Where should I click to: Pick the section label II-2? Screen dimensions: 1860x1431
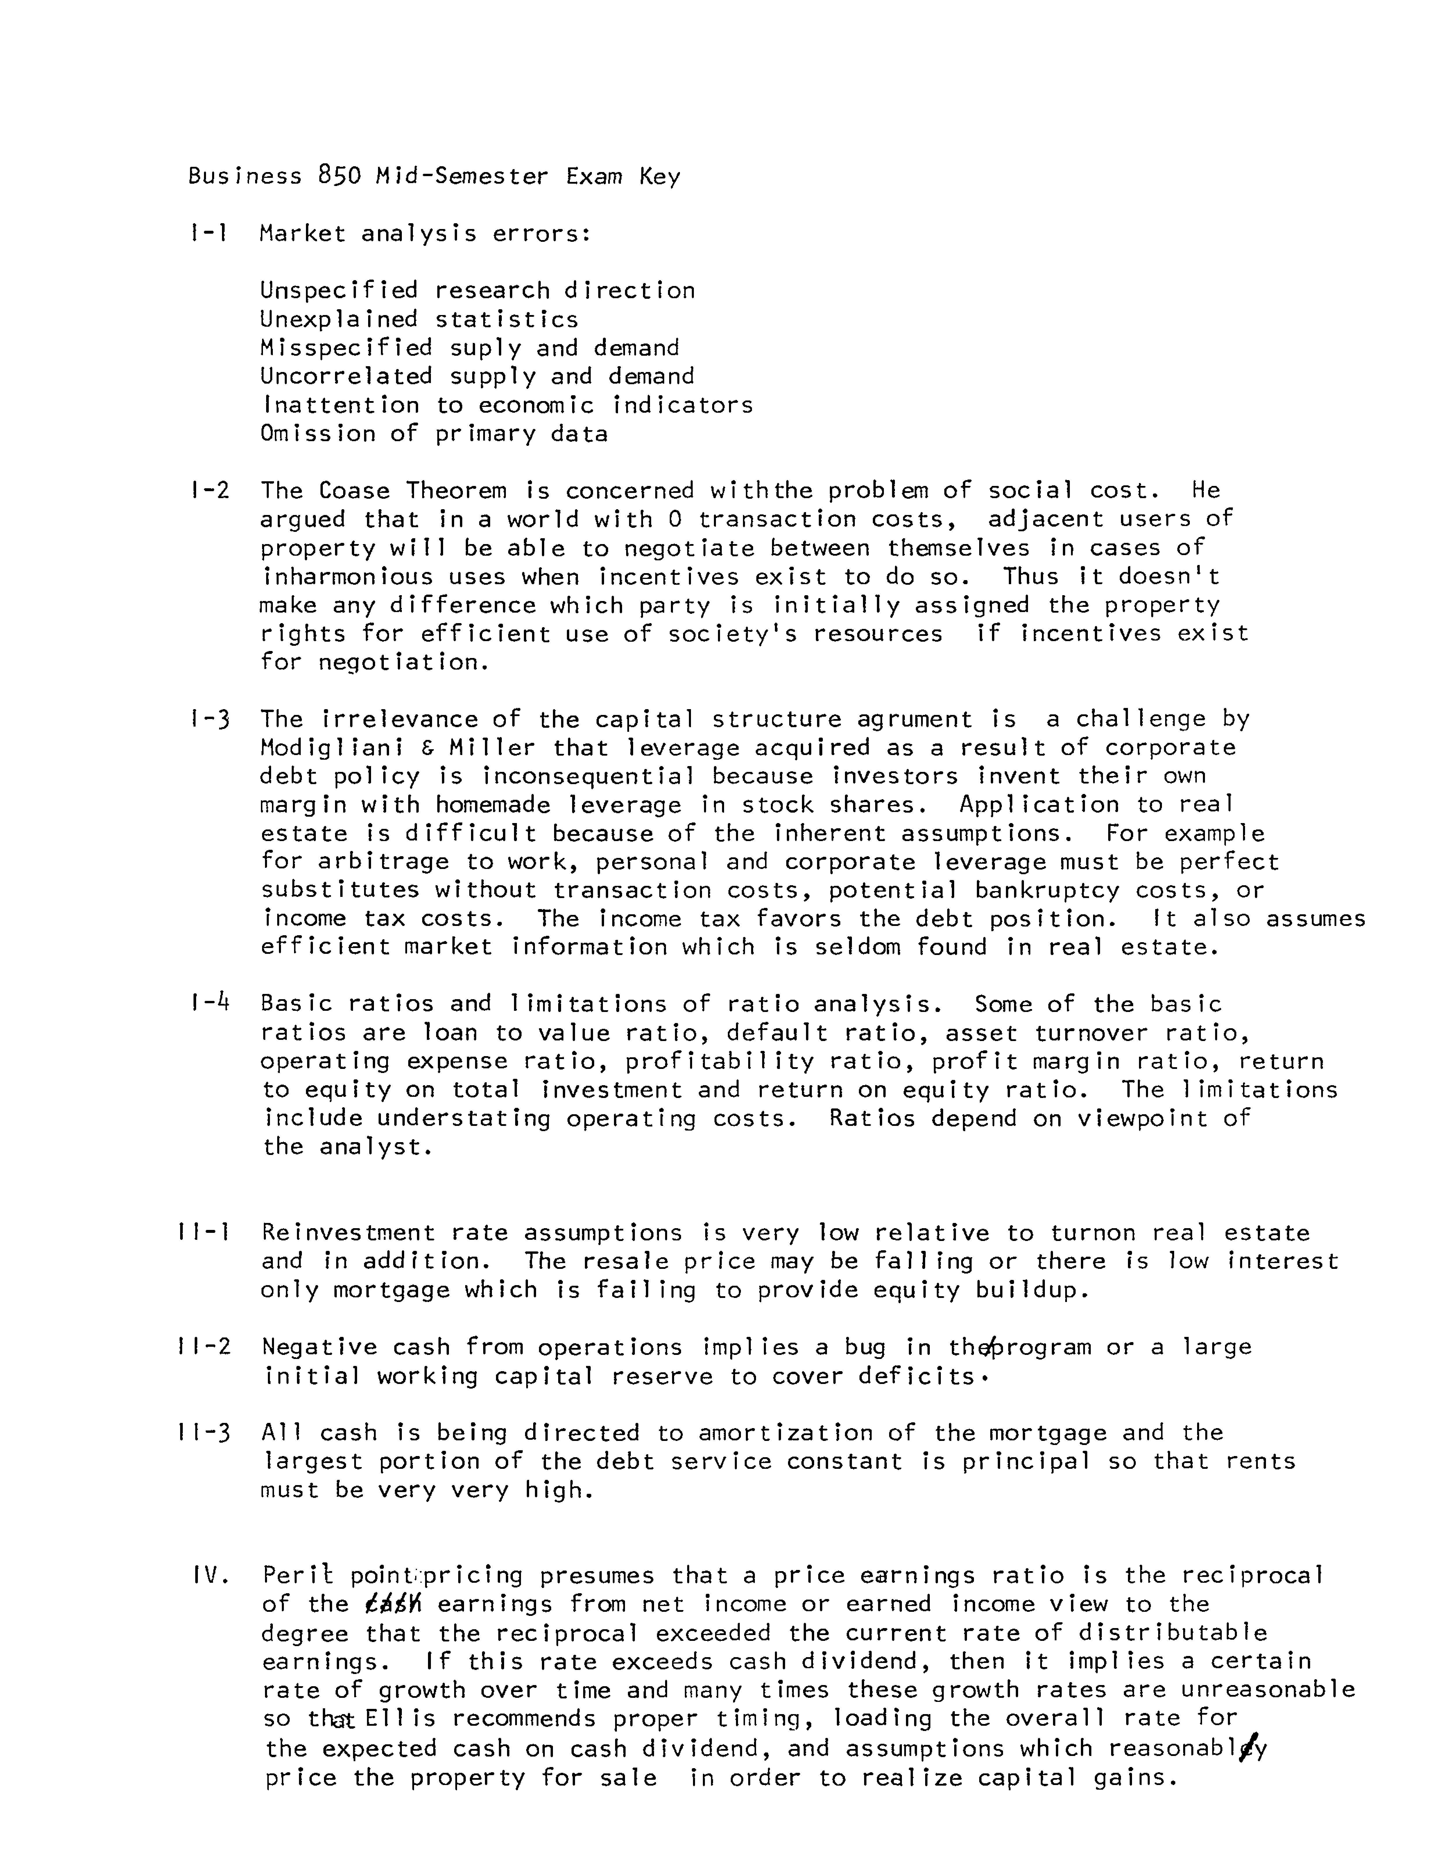pos(204,1346)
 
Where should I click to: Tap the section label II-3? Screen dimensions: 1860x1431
pos(204,1432)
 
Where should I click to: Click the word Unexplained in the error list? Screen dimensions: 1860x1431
pos(339,319)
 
